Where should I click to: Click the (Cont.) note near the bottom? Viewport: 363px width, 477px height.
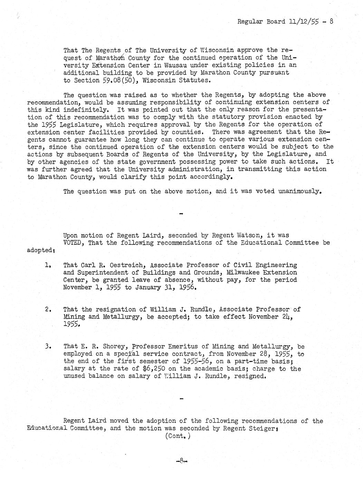178,436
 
